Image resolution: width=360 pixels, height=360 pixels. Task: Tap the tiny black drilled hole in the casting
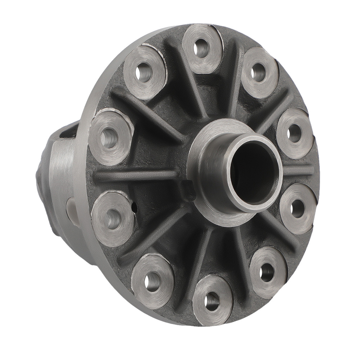[134, 208]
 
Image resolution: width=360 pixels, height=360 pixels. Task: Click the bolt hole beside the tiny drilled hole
[113, 216]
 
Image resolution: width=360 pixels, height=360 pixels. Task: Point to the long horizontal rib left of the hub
[137, 175]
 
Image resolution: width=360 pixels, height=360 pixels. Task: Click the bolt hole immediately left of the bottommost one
[153, 279]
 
